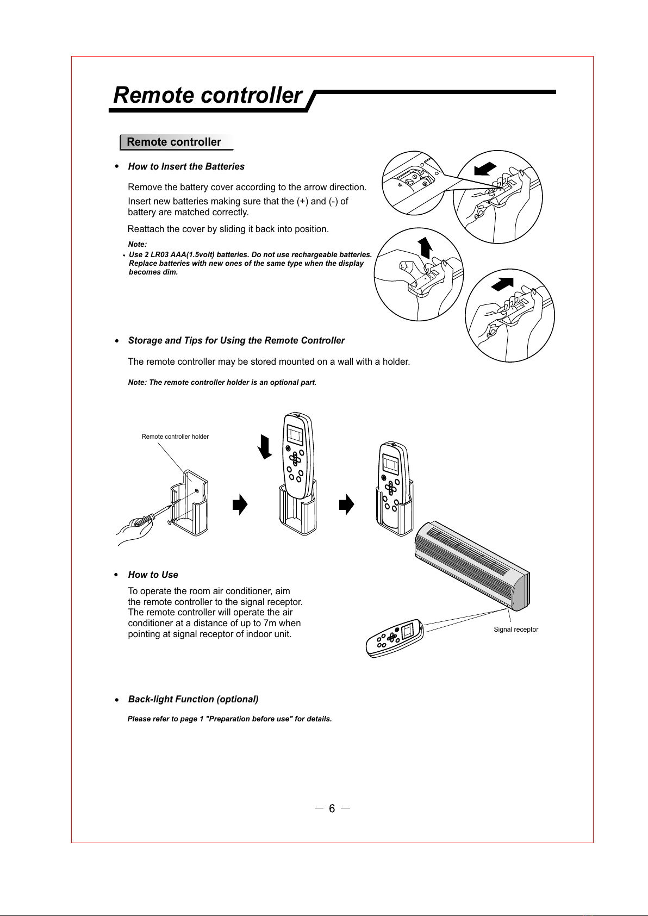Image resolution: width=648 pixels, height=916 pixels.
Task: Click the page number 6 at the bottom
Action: [332, 809]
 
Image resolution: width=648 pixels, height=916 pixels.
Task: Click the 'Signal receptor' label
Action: [515, 630]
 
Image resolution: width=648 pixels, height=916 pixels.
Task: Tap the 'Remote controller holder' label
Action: [175, 437]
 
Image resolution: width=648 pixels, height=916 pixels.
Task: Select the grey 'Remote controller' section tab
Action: [175, 142]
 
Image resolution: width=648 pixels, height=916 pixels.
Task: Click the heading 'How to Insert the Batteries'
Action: [186, 166]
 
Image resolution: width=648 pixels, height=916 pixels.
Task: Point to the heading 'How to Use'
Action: [153, 575]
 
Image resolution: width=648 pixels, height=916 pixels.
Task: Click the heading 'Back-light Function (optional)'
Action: [193, 699]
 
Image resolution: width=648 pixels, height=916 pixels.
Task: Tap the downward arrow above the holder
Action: [265, 447]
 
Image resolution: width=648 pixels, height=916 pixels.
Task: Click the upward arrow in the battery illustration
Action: [426, 247]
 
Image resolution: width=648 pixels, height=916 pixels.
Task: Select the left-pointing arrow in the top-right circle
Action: [485, 169]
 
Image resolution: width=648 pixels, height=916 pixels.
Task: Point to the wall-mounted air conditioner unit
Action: [472, 565]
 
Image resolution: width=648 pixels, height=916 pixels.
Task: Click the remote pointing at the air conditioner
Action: [395, 638]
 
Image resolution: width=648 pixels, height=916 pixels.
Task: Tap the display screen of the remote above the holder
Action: [295, 435]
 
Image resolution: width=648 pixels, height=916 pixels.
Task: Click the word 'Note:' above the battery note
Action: [137, 245]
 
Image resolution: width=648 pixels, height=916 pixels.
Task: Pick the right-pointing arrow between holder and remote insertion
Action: [240, 504]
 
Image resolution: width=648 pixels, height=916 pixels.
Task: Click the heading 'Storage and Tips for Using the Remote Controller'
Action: [236, 340]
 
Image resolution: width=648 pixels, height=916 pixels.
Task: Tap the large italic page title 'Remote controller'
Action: [207, 95]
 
